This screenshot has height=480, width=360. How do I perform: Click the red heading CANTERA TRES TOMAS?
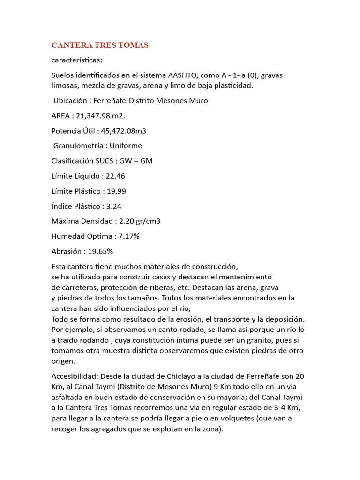[x=99, y=45]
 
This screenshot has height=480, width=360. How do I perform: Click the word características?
[x=77, y=60]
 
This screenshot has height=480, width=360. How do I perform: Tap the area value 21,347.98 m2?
[x=104, y=115]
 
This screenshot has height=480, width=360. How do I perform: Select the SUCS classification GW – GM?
[x=136, y=161]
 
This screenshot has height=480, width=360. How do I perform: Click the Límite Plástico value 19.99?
[x=117, y=191]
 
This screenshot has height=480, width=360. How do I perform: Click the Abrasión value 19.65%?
[x=98, y=251]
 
